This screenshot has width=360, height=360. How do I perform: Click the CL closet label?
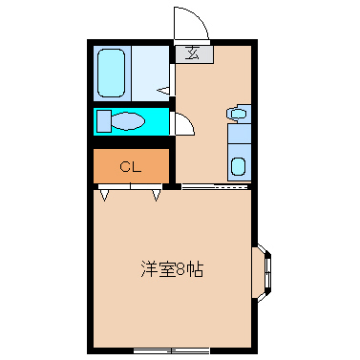pos(131,167)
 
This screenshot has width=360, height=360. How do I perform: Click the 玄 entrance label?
pos(193,53)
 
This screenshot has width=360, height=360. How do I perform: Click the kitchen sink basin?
pos(238,164)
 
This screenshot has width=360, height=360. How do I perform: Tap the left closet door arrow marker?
pos(104,196)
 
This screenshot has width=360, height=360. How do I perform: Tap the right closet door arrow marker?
pos(157,196)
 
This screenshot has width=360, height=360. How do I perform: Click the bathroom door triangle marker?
pos(165,92)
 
